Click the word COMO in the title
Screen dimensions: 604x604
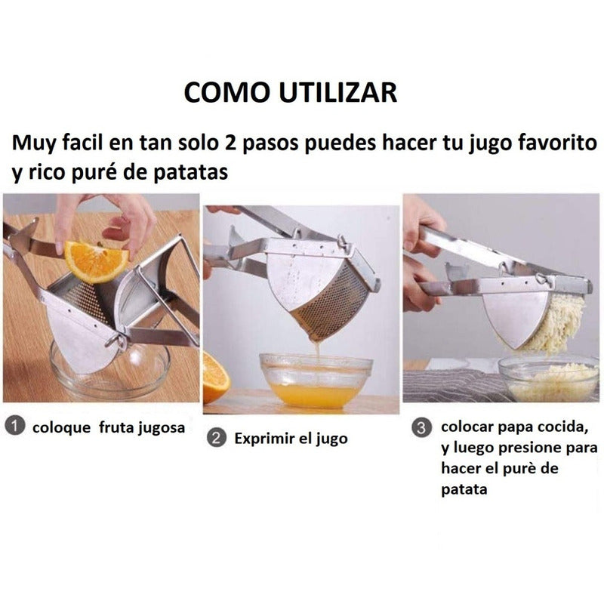[226, 92]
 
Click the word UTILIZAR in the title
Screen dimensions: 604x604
[337, 92]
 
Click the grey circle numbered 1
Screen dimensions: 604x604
[15, 426]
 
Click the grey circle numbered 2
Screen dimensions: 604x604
[217, 438]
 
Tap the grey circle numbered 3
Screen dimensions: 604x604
[421, 427]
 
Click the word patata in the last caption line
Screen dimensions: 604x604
[464, 489]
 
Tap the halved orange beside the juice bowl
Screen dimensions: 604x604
[216, 378]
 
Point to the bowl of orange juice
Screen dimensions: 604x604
[316, 381]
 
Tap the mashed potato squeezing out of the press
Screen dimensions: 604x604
[556, 324]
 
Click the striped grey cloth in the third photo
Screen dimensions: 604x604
[455, 384]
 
